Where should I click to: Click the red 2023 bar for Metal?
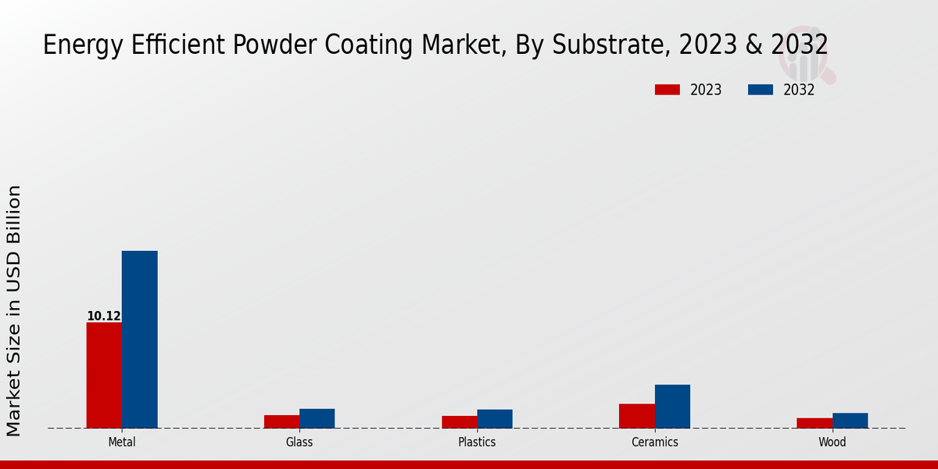[104, 375]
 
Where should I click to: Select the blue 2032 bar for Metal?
[139, 339]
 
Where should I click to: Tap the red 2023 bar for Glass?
[281, 421]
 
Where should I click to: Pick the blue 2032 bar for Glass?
[317, 418]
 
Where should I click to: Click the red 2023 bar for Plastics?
[459, 422]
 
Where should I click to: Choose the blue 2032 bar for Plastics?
[495, 419]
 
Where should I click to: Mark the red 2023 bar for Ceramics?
[636, 416]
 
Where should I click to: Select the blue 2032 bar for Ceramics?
[672, 406]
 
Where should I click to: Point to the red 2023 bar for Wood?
[814, 423]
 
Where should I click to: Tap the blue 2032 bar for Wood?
[850, 421]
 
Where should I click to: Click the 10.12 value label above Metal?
[103, 316]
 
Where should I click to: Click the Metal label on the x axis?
[122, 442]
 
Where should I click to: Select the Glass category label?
[299, 442]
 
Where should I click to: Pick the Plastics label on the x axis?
[477, 442]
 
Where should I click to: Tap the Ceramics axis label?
[655, 442]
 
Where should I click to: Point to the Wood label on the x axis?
[832, 442]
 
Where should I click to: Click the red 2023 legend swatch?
[667, 90]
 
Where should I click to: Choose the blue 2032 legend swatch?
[760, 90]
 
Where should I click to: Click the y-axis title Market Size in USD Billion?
[14, 310]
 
